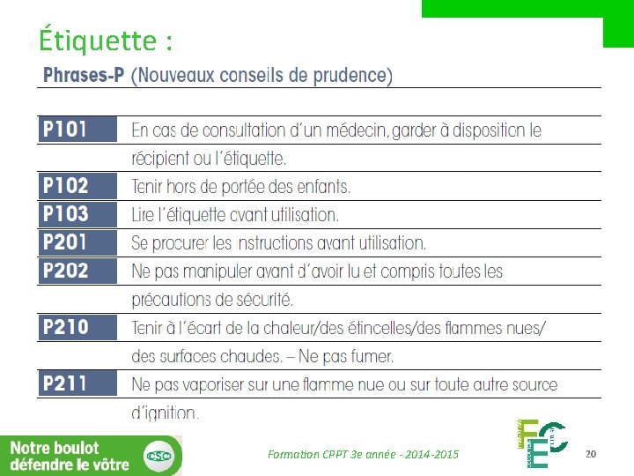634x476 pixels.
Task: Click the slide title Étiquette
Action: tap(105, 41)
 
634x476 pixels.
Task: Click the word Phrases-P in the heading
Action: tap(83, 75)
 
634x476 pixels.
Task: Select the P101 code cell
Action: tap(77, 130)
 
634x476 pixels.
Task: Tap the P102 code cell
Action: tap(77, 186)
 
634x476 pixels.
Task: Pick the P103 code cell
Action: tap(77, 214)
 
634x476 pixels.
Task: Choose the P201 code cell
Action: tap(77, 242)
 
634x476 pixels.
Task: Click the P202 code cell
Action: tap(77, 271)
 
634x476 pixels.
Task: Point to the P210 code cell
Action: tap(77, 328)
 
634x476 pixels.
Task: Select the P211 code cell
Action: tap(77, 384)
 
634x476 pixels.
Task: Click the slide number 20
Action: tap(591, 453)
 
